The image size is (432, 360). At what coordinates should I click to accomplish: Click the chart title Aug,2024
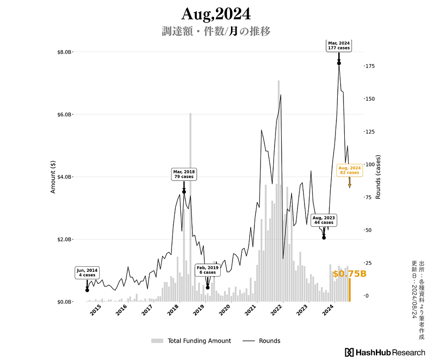click(x=216, y=14)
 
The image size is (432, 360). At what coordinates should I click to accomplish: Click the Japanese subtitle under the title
click(x=216, y=31)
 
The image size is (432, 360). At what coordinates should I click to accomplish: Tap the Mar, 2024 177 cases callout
click(x=339, y=45)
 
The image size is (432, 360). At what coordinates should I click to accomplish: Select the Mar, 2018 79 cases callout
click(x=184, y=174)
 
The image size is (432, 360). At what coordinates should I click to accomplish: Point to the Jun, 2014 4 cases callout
click(x=87, y=273)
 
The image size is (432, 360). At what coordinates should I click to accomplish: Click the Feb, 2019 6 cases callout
click(x=208, y=270)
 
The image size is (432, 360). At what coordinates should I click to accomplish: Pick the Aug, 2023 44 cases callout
click(x=324, y=220)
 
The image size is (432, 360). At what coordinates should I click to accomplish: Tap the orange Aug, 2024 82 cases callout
click(x=350, y=170)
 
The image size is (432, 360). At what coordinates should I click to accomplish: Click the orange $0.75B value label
click(x=349, y=274)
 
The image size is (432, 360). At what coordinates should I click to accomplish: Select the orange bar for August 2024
click(x=350, y=290)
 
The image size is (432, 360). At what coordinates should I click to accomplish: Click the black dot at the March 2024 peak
click(x=339, y=63)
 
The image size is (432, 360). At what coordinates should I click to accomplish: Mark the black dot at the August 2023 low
click(x=324, y=238)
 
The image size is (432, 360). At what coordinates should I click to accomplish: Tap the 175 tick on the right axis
click(x=370, y=66)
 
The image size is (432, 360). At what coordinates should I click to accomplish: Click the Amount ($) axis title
click(x=53, y=176)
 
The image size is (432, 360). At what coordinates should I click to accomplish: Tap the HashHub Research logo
click(x=385, y=352)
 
